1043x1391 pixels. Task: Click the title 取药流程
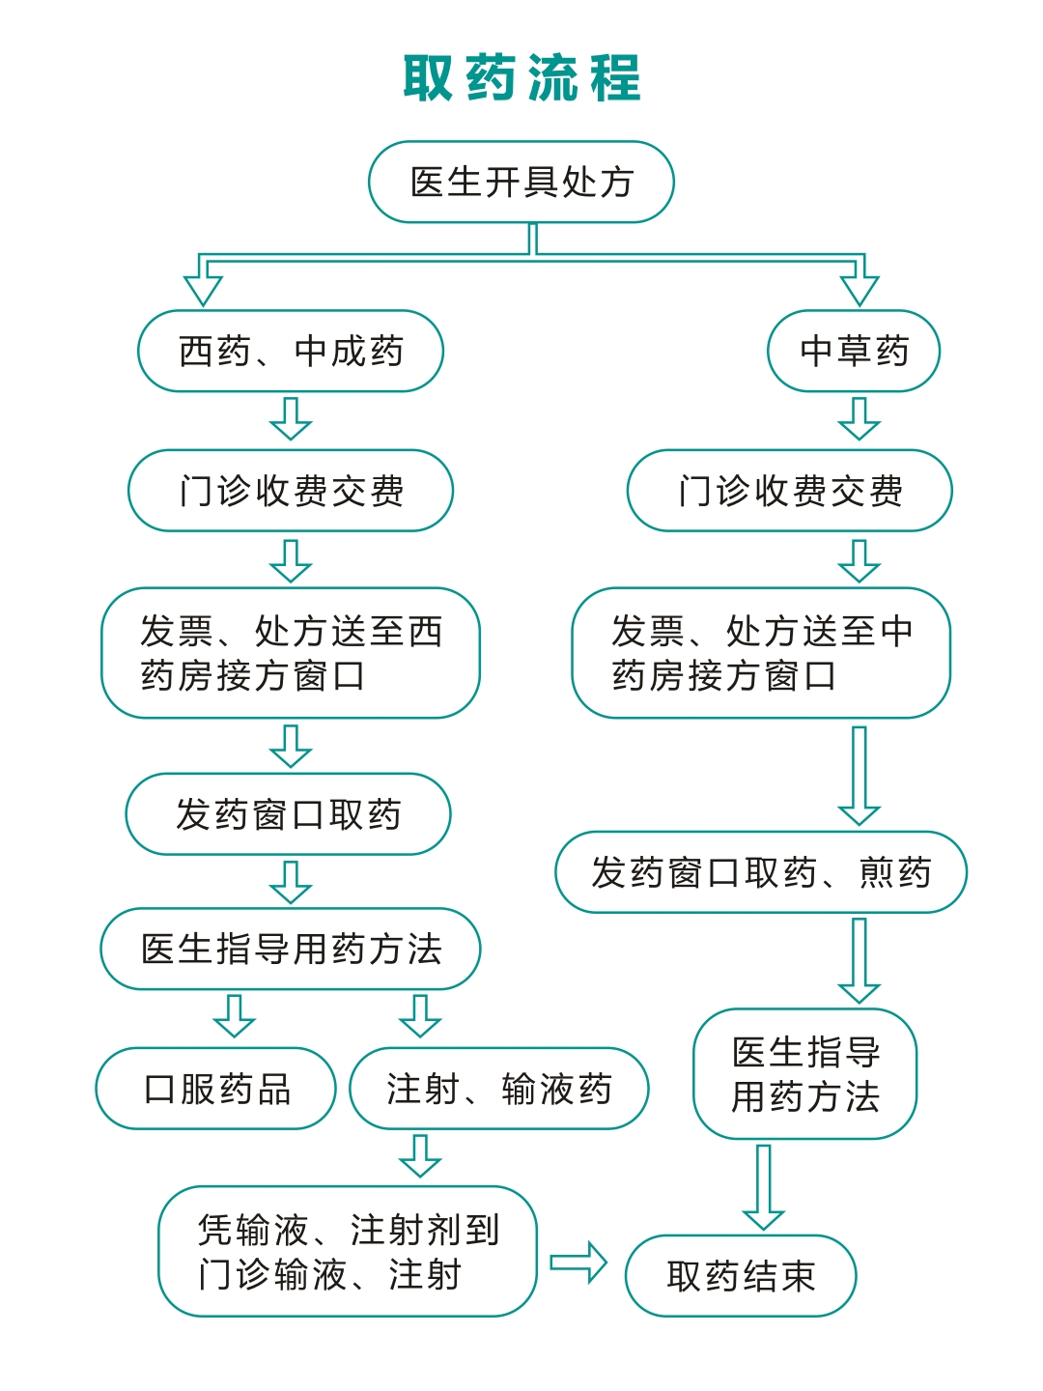point(521,78)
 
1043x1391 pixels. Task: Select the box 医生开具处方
point(521,183)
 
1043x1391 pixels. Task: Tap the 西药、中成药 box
point(291,351)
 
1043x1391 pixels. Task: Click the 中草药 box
point(854,351)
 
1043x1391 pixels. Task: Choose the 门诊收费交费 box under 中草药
point(790,491)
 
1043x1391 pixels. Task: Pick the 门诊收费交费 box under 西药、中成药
point(291,491)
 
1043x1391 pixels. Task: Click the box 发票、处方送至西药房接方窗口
point(291,653)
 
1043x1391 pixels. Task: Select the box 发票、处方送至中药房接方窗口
point(761,653)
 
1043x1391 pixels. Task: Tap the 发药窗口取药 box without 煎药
point(288,814)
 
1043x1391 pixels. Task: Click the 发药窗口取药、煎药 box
point(761,872)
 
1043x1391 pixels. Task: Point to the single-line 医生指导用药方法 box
point(291,949)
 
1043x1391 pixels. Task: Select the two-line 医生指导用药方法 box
point(804,1074)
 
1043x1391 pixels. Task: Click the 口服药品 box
point(216,1089)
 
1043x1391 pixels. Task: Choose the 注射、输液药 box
point(498,1089)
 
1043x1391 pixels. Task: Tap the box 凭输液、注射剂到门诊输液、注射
point(348,1252)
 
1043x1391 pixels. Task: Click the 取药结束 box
point(741,1276)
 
